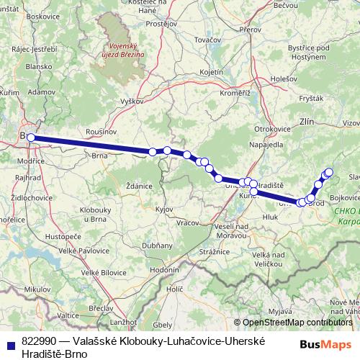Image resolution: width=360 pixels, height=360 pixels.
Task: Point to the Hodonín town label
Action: click(164, 269)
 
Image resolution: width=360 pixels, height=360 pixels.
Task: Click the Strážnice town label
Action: click(214, 251)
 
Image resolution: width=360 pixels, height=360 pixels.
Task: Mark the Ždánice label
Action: click(138, 185)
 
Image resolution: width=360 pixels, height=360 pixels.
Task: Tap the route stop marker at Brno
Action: click(30, 137)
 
